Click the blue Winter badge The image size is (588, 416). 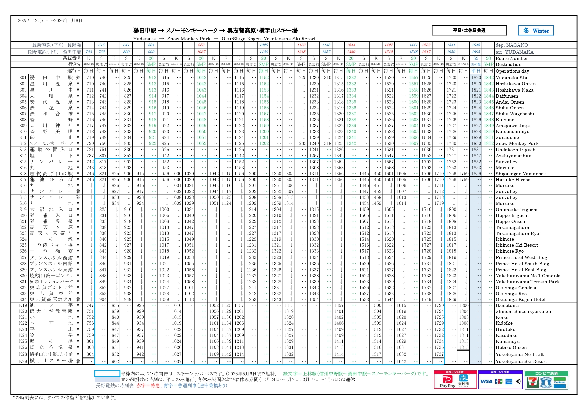pyautogui.click(x=536, y=31)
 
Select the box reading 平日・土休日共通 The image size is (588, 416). pyautogui.click(x=469, y=31)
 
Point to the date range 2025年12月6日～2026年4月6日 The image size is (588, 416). pyautogui.click(x=50, y=21)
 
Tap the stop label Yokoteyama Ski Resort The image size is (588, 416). pyautogui.click(x=521, y=361)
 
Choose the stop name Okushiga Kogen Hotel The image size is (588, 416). pyautogui.click(x=520, y=299)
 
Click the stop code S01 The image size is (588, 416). pyautogui.click(x=23, y=78)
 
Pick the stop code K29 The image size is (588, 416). pyautogui.click(x=23, y=361)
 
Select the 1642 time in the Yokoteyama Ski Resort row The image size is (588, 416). pyautogui.click(x=401, y=361)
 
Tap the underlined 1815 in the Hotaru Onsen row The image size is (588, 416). pyautogui.click(x=464, y=347)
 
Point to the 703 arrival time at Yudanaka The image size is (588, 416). pyautogui.click(x=89, y=52)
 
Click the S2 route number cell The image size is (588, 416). pyautogui.click(x=476, y=58)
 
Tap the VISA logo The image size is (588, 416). pyautogui.click(x=486, y=381)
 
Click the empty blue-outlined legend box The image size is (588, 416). pyautogui.click(x=107, y=373)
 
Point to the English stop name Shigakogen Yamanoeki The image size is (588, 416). pyautogui.click(x=522, y=174)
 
